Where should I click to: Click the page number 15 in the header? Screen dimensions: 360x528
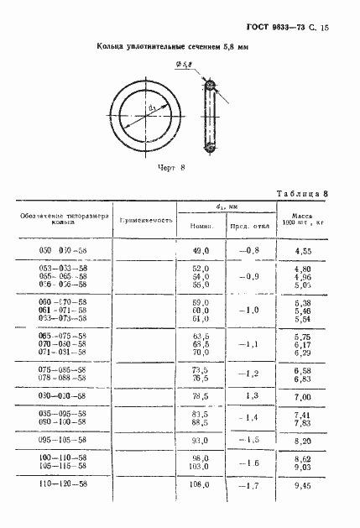[324, 29]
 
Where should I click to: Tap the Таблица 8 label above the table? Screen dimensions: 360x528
[300, 194]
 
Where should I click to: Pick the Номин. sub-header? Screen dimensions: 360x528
[199, 227]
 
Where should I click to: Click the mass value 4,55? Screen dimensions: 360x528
[304, 250]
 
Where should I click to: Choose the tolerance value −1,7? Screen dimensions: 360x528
[247, 484]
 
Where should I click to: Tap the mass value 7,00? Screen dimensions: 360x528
[304, 395]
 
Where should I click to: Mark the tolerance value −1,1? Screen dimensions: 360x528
[247, 343]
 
